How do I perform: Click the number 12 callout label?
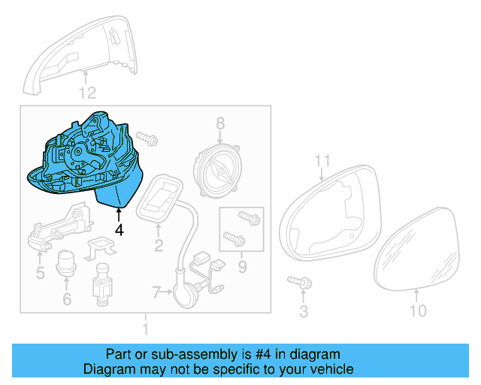88,93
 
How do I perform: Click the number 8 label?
221,123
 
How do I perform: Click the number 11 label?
322,160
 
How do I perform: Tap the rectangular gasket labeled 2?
160,198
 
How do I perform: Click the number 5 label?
40,271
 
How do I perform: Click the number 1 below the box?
146,329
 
